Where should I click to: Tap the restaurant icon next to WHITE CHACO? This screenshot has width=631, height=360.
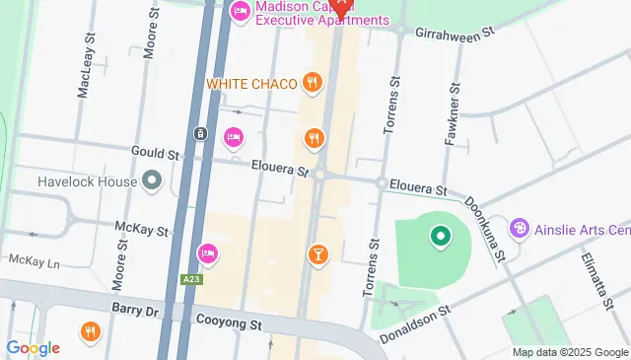point(313,83)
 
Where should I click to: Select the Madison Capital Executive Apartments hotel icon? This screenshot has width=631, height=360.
point(240,12)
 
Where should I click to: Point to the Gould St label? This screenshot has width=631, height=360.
point(156,154)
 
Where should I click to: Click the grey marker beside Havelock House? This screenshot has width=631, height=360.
point(151,181)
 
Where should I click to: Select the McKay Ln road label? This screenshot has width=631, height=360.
point(34,261)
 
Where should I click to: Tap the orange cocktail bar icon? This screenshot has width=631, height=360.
point(318,255)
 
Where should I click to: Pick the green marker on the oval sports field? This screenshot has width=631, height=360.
point(440,237)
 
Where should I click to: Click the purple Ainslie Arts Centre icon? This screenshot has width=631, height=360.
point(519,230)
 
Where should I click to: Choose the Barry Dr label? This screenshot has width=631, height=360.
point(135,309)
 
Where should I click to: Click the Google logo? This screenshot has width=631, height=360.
point(33,347)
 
